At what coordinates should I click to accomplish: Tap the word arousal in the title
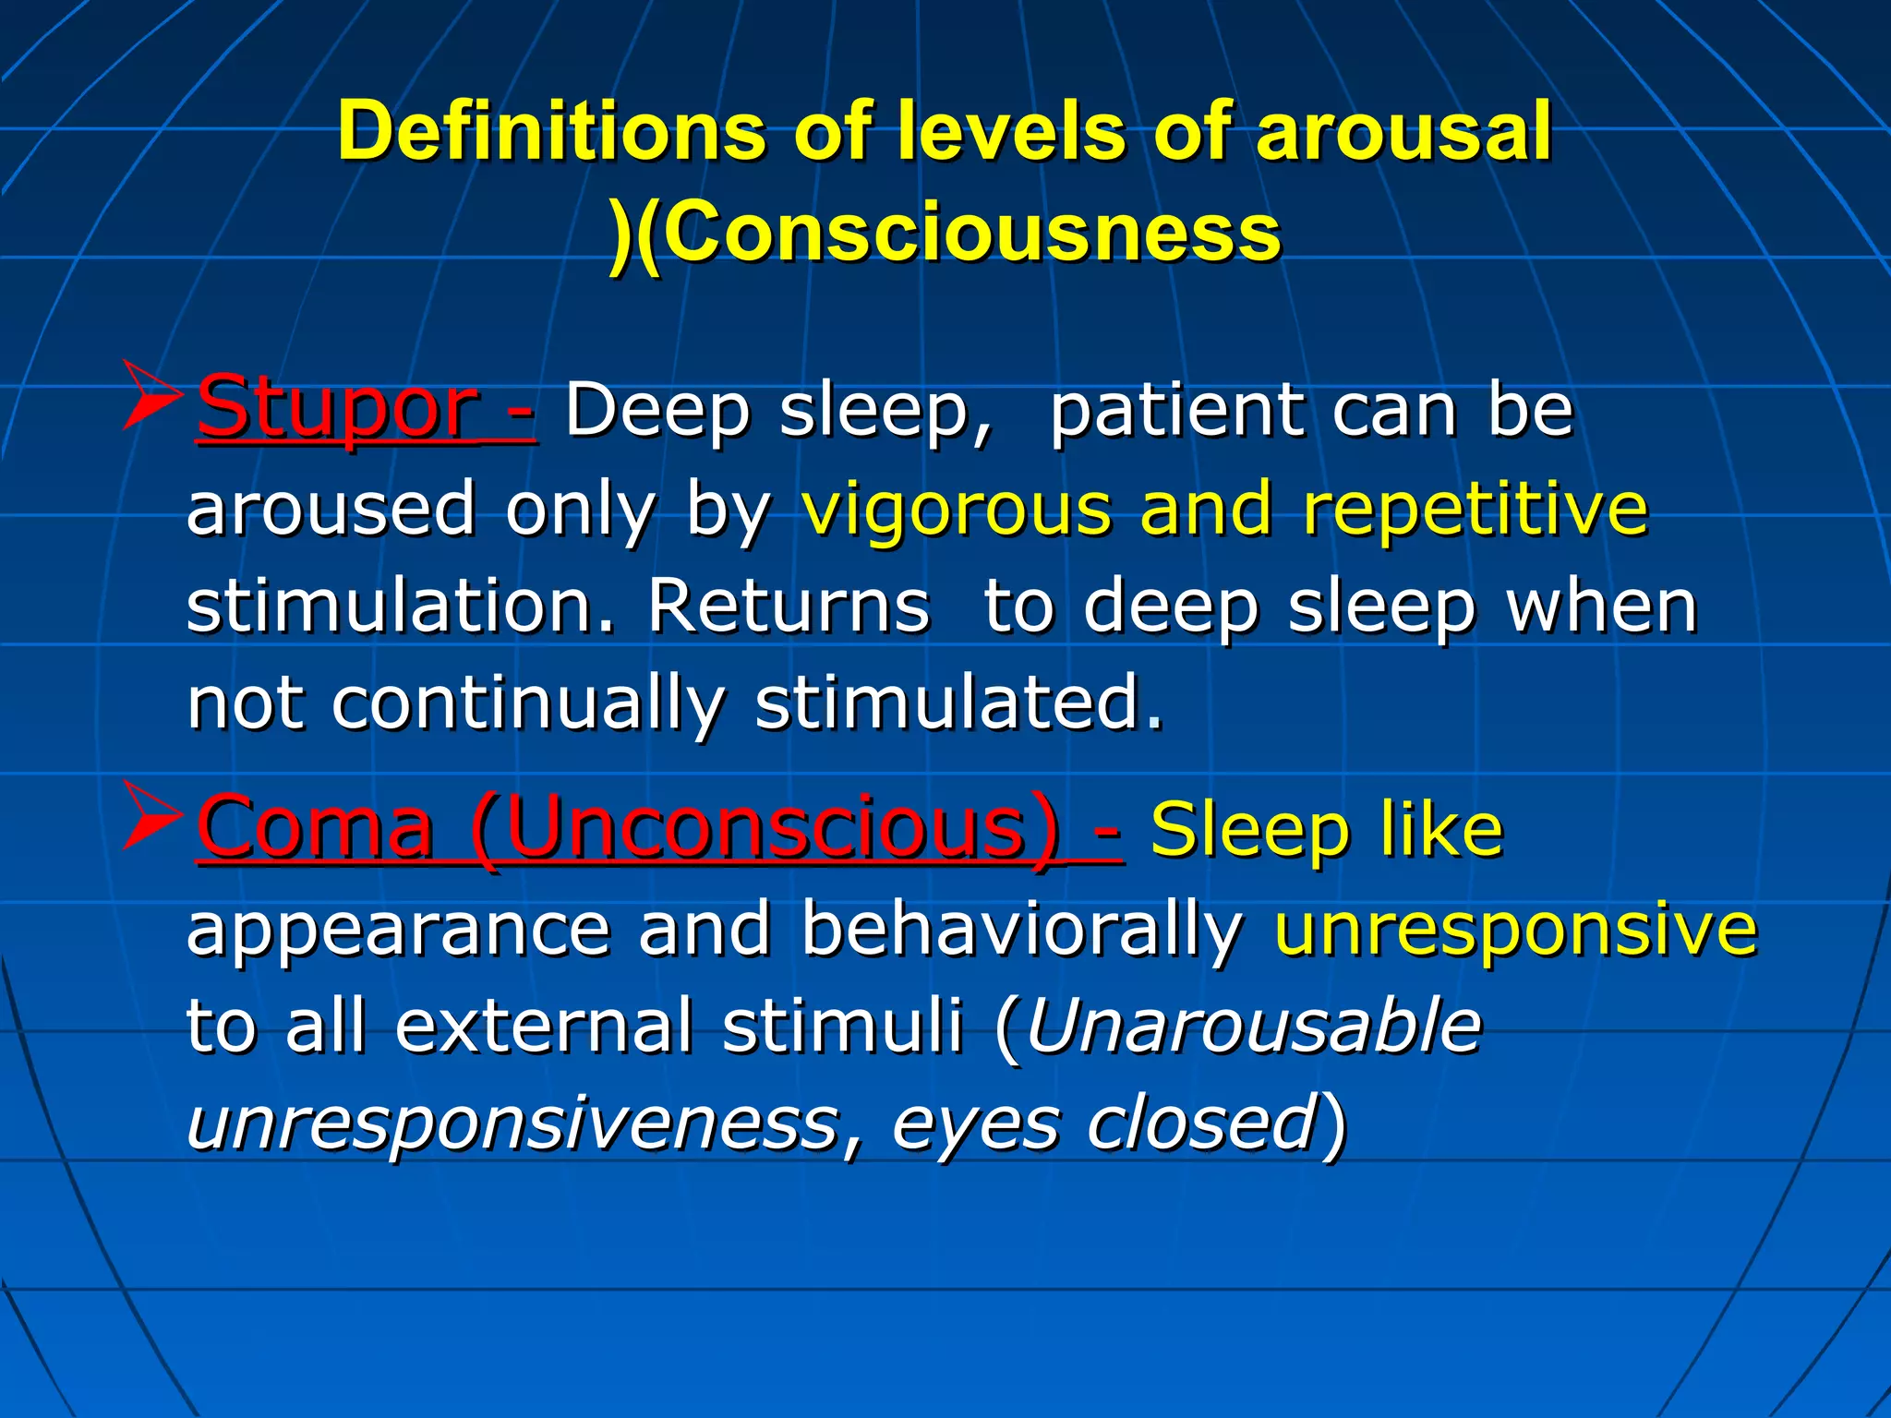[x=1403, y=131]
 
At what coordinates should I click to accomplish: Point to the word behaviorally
[x=1020, y=929]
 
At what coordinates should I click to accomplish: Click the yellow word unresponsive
[x=1515, y=929]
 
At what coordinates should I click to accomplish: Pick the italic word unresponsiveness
[x=512, y=1123]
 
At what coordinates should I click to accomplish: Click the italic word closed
[x=1200, y=1123]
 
